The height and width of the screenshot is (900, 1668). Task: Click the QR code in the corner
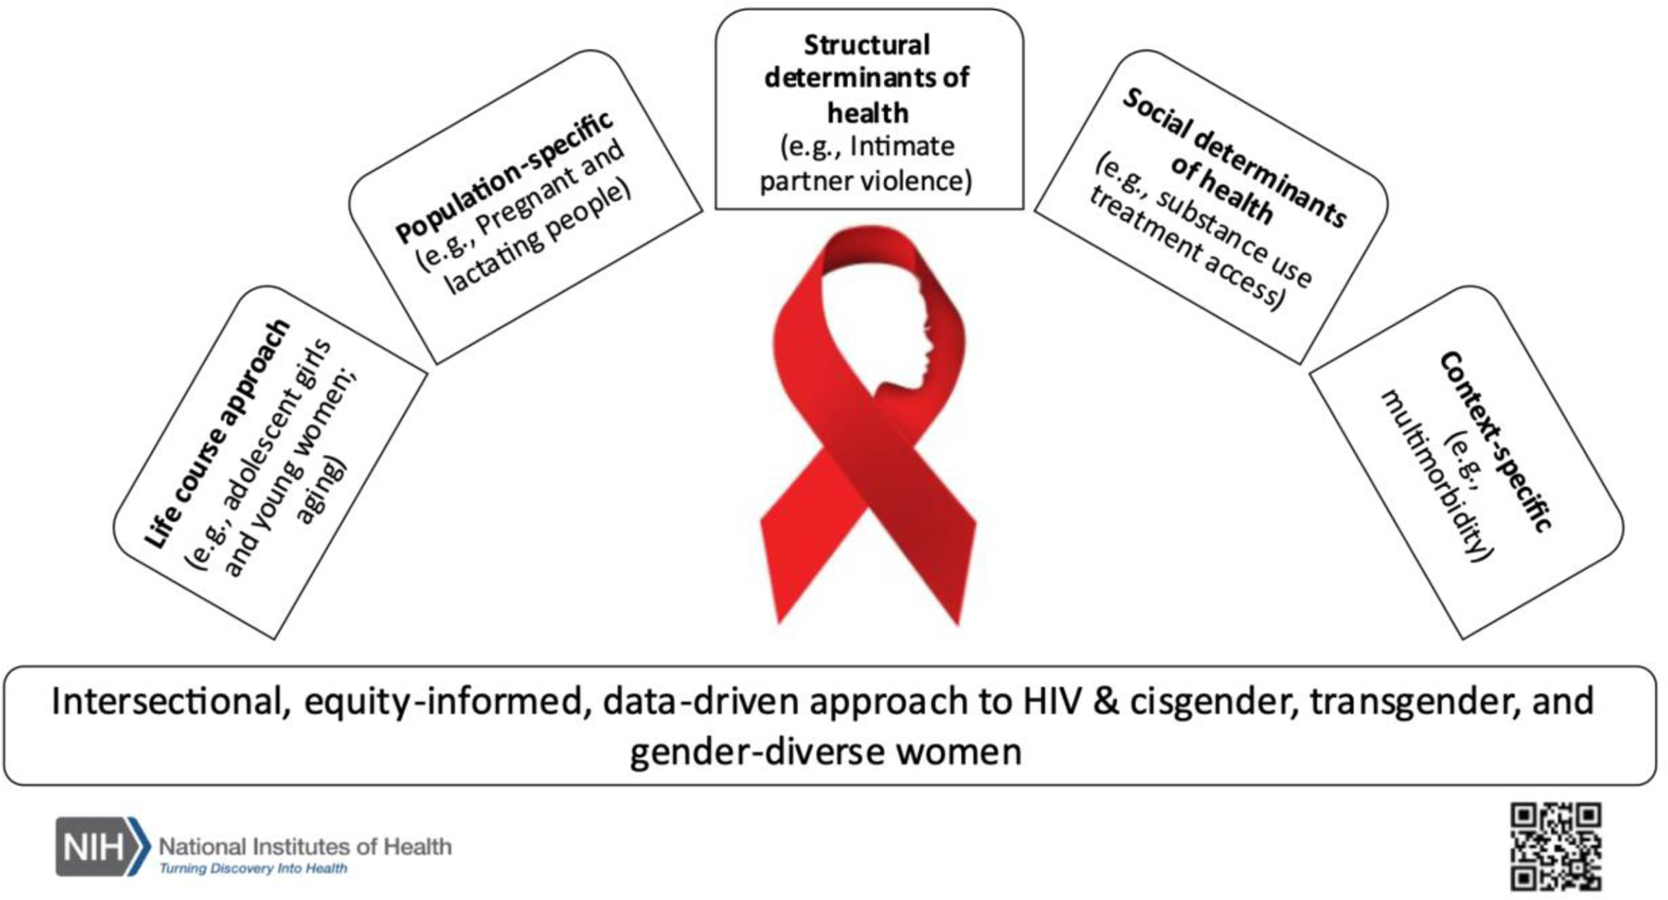(1556, 846)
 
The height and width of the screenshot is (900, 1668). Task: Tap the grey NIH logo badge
(103, 846)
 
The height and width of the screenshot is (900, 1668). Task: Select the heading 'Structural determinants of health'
(867, 79)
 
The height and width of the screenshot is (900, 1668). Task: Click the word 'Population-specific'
(504, 175)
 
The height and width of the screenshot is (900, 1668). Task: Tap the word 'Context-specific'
(1494, 441)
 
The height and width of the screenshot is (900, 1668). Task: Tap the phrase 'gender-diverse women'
(826, 751)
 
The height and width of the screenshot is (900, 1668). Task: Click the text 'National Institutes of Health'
(306, 846)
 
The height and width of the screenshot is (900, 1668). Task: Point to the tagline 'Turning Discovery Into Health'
(254, 868)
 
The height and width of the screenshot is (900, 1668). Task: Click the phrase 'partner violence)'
(866, 180)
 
